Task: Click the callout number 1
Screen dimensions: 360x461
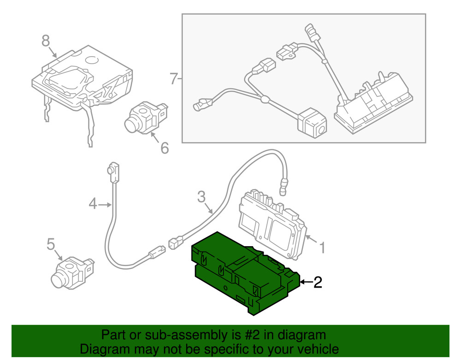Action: (322, 248)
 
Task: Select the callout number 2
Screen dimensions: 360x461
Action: (317, 282)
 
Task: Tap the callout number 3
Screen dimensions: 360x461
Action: (201, 197)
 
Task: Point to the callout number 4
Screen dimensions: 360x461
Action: (93, 203)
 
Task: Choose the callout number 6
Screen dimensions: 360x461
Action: (164, 148)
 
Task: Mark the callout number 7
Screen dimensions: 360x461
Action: (173, 79)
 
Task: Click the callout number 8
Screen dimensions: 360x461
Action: (45, 41)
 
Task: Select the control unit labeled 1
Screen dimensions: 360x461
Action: (272, 224)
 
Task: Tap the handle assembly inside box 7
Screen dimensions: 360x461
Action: (373, 104)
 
